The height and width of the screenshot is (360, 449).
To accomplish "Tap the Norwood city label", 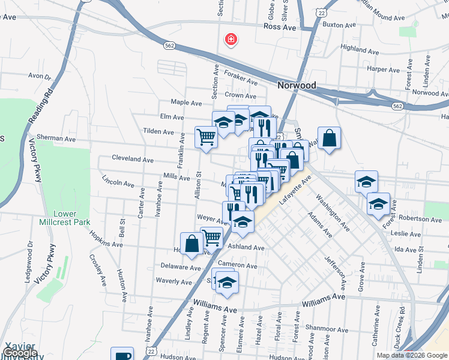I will (x=297, y=85).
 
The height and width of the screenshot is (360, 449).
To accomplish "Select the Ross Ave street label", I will (x=280, y=27).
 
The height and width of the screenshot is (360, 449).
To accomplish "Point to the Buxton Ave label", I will (x=337, y=25).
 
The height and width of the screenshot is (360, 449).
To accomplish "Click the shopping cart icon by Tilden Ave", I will (x=206, y=137).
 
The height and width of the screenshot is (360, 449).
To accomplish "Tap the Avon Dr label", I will (x=40, y=76).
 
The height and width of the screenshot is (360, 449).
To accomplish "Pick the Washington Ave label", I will (x=332, y=212).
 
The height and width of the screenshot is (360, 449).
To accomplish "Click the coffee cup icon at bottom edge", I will (x=122, y=355).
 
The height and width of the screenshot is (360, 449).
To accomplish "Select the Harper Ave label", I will (x=384, y=70).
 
